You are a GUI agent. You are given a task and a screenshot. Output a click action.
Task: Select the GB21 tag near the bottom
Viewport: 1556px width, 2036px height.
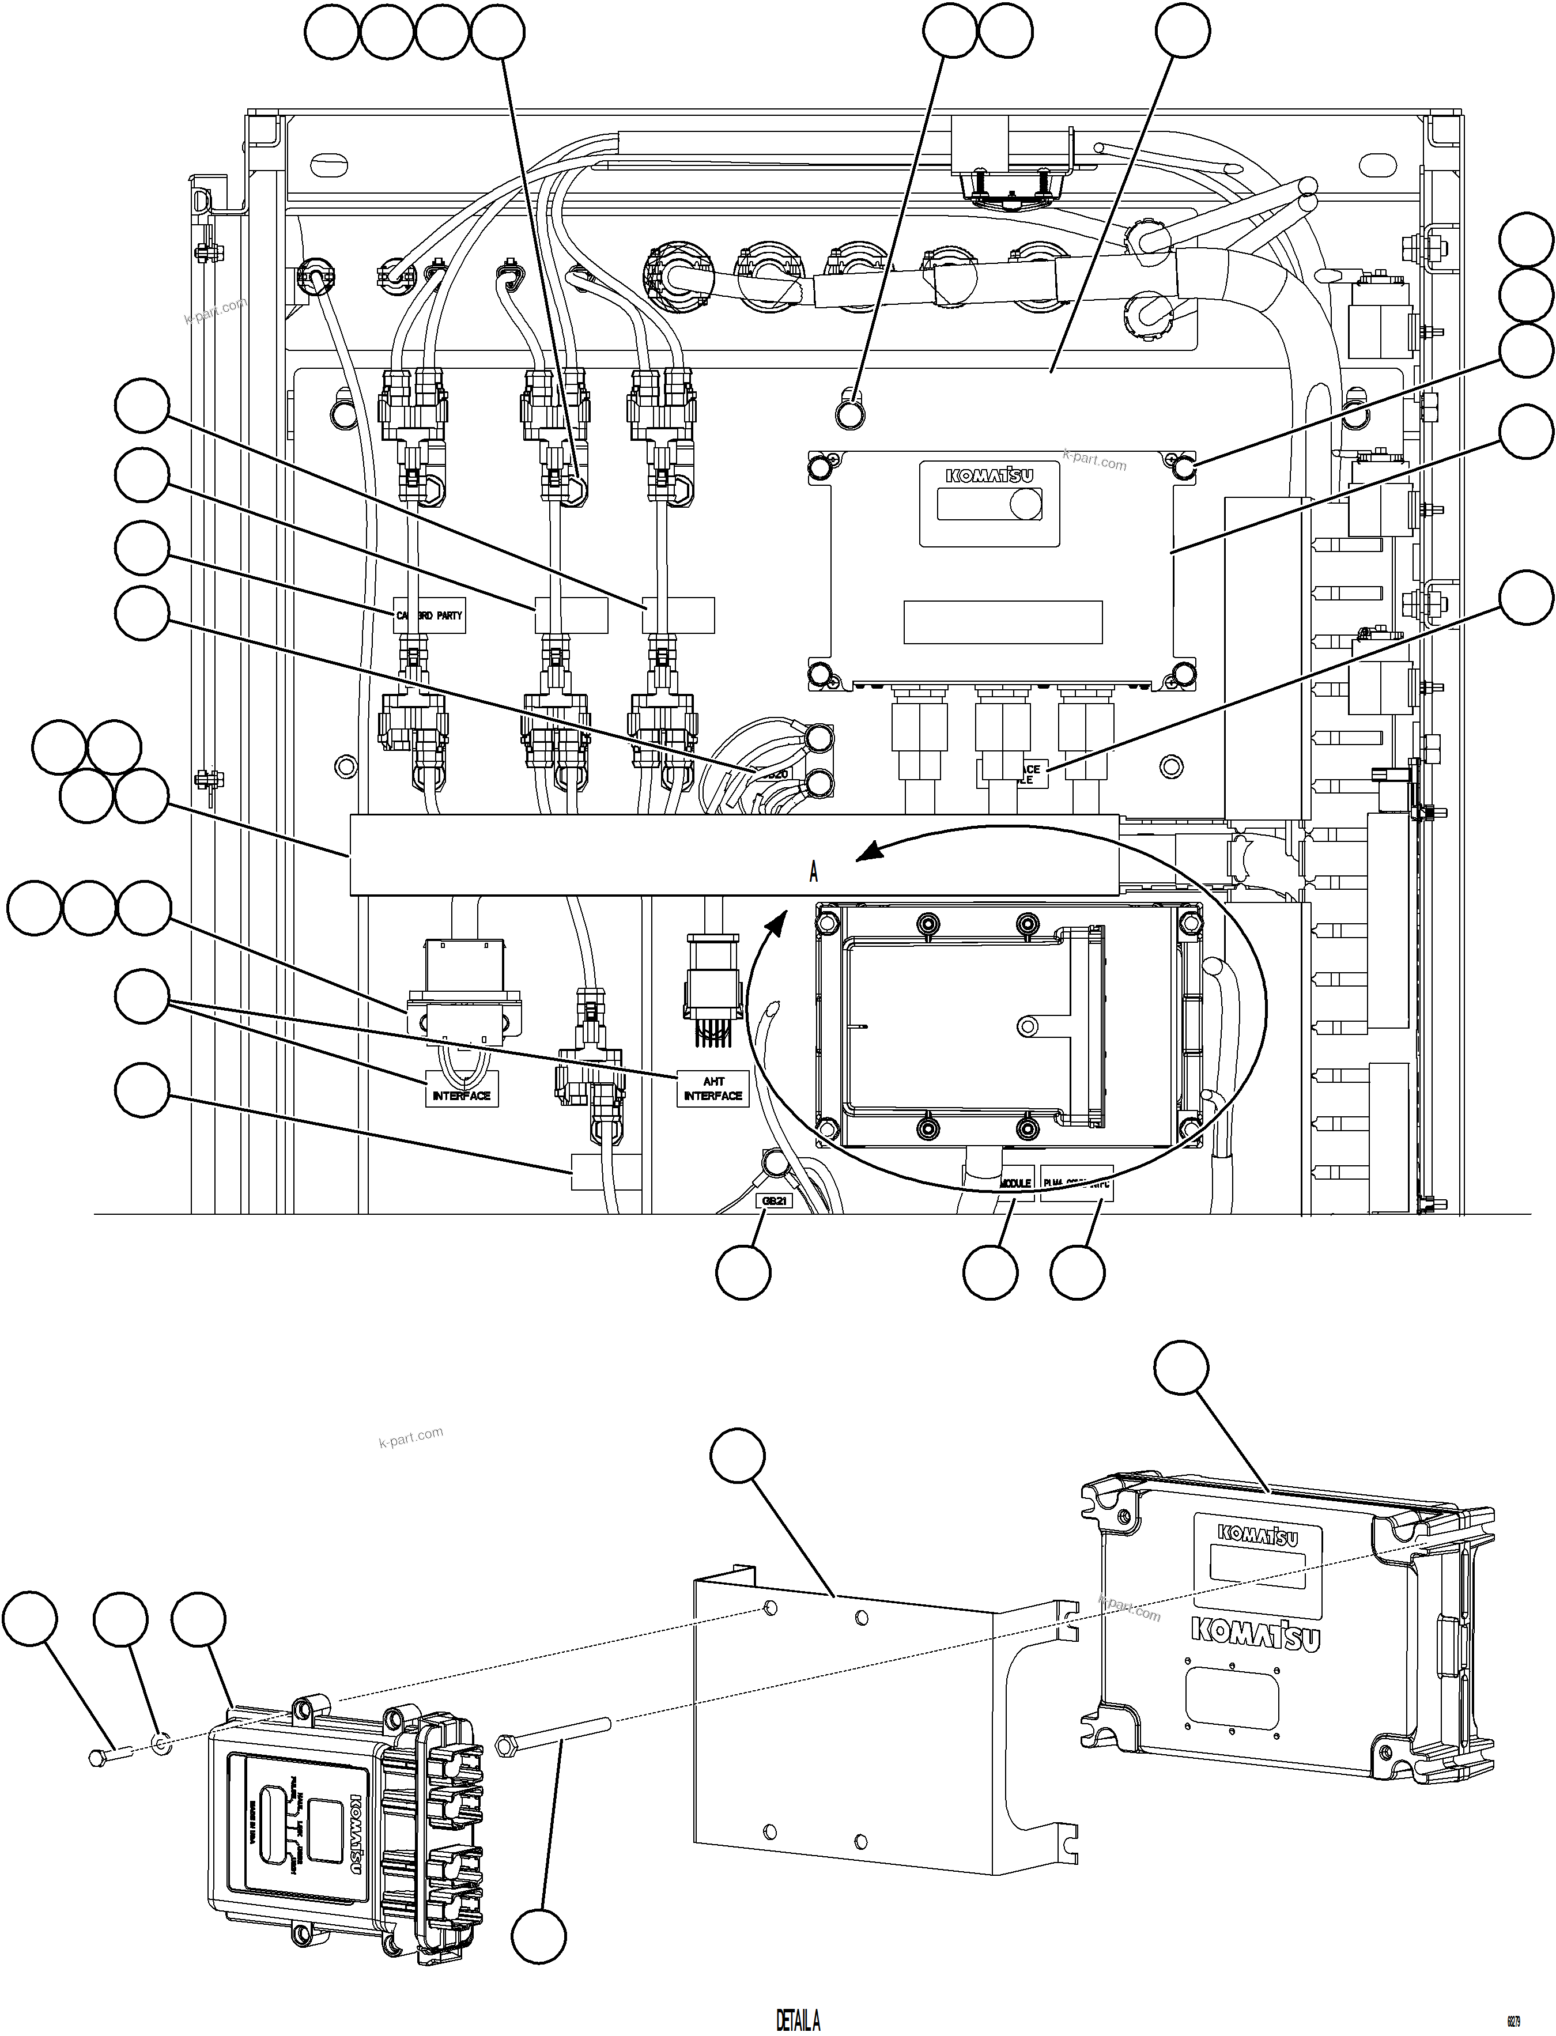coord(775,1200)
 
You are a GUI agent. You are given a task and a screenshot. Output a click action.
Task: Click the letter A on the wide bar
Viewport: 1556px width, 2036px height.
coord(813,872)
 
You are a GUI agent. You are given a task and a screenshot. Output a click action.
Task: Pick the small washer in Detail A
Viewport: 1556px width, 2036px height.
coord(159,1744)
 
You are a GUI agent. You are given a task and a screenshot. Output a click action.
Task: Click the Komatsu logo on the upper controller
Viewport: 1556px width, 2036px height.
coord(989,476)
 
